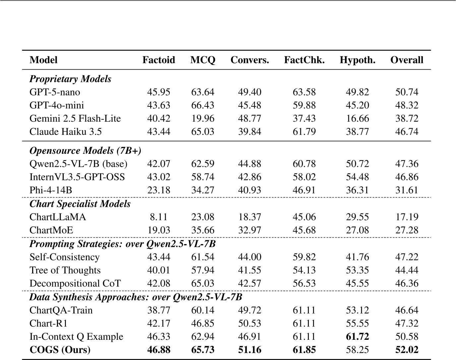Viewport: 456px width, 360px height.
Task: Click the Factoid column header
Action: click(x=158, y=60)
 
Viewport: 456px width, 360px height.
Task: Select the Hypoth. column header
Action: click(x=357, y=60)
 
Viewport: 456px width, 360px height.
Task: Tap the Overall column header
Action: click(x=407, y=60)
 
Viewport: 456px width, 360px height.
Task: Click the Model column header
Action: click(x=43, y=60)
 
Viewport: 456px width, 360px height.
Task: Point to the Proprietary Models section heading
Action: click(x=70, y=79)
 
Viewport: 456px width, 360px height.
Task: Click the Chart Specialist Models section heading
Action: click(x=80, y=204)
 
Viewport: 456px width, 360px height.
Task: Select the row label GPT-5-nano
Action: click(x=55, y=92)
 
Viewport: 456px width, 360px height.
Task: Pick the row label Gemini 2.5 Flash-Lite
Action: click(x=75, y=119)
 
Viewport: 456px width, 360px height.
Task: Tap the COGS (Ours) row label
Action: click(x=60, y=350)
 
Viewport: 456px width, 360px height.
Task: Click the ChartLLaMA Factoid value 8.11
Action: click(x=158, y=217)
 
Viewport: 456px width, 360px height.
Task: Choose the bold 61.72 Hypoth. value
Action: click(x=357, y=336)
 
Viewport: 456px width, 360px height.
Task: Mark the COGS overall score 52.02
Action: click(x=407, y=350)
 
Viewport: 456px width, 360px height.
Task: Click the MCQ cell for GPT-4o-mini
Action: click(x=202, y=105)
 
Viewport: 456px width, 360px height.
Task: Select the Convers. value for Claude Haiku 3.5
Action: click(x=250, y=132)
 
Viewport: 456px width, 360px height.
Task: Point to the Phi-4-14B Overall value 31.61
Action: click(x=407, y=190)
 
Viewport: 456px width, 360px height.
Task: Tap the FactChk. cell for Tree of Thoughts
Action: click(x=304, y=270)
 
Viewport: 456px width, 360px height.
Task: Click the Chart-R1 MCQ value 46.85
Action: click(x=202, y=323)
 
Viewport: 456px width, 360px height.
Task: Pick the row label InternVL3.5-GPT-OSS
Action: click(x=77, y=177)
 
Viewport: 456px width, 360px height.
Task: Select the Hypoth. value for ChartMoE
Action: click(x=357, y=230)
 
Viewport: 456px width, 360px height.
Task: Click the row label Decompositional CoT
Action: click(x=75, y=283)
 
